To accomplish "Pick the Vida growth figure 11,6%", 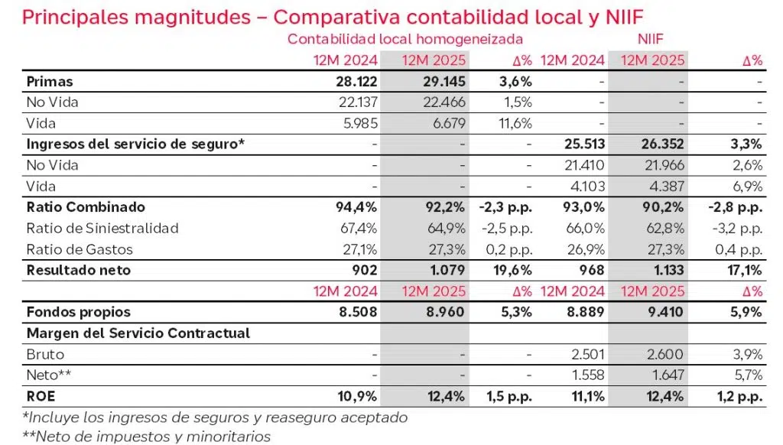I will coord(514,123).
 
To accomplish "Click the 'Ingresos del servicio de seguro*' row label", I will coord(135,144).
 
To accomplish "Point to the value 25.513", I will coord(582,144).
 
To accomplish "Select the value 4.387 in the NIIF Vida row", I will coord(664,186).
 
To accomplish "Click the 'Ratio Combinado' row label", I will coord(86,206).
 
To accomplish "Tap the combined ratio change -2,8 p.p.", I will coord(733,206).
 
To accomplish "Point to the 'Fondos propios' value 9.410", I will coord(664,312).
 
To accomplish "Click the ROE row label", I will coord(41,396).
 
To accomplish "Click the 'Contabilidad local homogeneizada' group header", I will coord(405,38).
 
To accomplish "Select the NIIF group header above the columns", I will coord(649,38).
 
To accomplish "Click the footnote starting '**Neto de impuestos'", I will coord(147,437).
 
